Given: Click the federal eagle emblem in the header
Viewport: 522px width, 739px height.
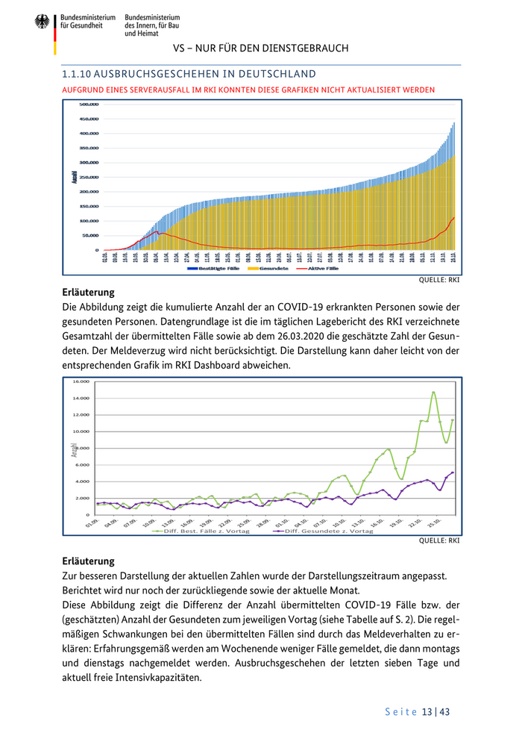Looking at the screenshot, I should (43, 22).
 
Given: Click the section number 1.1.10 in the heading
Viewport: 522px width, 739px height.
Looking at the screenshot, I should (77, 74).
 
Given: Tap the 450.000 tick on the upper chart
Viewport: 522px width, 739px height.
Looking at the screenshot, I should (89, 119).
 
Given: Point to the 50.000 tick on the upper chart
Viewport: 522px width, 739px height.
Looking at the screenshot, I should (91, 235).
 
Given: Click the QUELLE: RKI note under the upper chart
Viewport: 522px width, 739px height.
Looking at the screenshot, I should (443, 281).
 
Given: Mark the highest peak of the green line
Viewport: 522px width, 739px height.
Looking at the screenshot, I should (433, 392).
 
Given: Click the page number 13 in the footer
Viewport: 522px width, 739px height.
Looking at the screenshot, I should (427, 712).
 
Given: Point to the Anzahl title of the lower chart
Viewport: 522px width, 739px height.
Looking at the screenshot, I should (74, 450).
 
